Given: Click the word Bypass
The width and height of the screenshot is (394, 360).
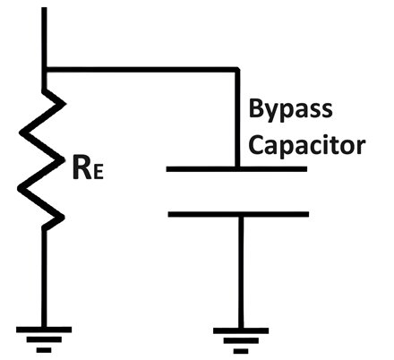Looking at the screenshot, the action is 290,110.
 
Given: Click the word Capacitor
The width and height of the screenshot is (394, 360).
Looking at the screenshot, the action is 307,146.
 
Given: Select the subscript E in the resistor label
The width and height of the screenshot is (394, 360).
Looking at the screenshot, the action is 98,173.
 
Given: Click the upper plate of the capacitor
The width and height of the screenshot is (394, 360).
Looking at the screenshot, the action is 236,169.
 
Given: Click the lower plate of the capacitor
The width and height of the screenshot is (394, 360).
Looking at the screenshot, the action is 238,214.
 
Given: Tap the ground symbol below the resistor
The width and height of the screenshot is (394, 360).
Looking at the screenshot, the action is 44,339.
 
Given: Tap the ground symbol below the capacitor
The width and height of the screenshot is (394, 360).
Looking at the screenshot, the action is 241,341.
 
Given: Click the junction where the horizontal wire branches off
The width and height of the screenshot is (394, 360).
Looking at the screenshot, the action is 44,70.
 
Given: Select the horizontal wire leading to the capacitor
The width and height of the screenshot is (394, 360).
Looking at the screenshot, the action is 142,70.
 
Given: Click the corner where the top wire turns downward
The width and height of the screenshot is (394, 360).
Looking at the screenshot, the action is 237,70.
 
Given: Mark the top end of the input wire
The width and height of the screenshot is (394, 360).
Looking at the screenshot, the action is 44,8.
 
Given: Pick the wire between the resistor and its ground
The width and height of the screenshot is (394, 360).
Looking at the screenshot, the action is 44,278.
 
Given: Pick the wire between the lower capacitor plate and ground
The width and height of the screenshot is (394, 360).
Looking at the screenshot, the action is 241,272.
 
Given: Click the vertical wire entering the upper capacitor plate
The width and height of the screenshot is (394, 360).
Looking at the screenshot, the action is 237,118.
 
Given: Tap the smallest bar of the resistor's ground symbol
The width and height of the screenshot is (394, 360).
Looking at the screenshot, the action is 44,350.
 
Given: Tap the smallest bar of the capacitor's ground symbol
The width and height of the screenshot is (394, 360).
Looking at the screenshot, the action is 241,351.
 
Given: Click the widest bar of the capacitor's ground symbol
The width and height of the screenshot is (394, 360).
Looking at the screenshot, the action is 241,330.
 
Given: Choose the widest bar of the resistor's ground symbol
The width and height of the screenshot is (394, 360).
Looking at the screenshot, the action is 44,330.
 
